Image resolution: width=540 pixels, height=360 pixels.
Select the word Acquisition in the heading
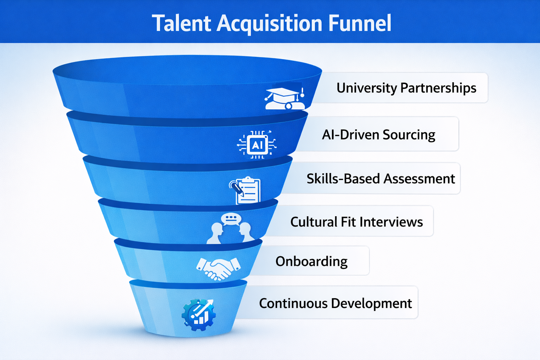click(x=269, y=24)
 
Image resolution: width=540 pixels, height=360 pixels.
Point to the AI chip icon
click(x=257, y=144)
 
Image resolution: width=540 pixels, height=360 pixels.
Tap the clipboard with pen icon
click(x=246, y=190)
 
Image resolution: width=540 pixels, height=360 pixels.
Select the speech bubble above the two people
click(x=231, y=219)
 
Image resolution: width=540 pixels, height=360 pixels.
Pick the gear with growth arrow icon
click(x=199, y=314)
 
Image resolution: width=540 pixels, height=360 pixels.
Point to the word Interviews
click(x=391, y=222)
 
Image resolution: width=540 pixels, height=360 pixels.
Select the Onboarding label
click(x=311, y=262)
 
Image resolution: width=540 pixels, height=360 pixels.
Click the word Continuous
click(x=293, y=303)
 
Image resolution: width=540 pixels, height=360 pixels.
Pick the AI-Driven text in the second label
click(x=350, y=135)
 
